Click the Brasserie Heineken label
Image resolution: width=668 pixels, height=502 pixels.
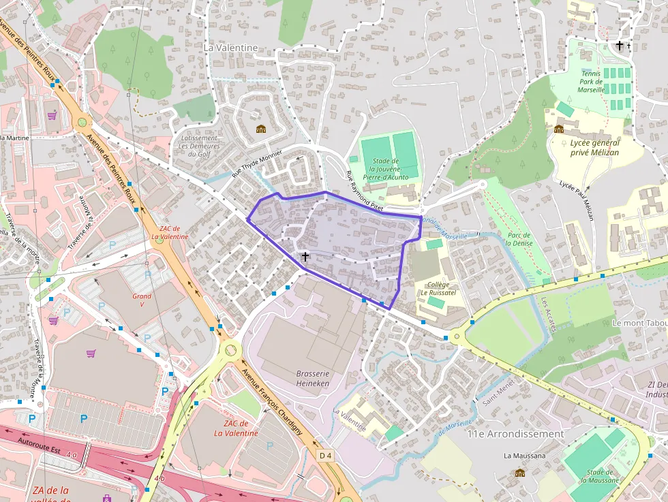313,378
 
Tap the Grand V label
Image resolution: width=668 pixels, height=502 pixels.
142,300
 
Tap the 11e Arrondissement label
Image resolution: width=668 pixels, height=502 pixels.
515,433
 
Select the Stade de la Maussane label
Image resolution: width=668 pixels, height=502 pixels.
601,476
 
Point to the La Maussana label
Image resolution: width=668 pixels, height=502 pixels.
521,455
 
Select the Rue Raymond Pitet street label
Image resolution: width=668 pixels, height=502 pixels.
365,190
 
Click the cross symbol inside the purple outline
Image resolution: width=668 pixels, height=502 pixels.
305,257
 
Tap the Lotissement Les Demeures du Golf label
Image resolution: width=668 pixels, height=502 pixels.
198,146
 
